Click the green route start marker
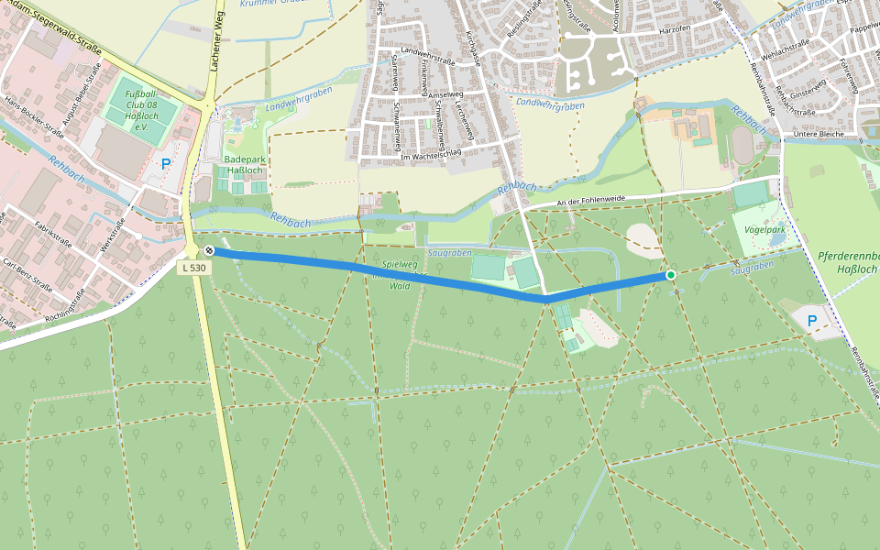coord(671,275)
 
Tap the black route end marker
coord(210,250)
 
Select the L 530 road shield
coord(193,268)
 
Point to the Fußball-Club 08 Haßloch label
coord(141,111)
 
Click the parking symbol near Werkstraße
coord(166,164)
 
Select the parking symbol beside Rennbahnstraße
coord(811,320)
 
